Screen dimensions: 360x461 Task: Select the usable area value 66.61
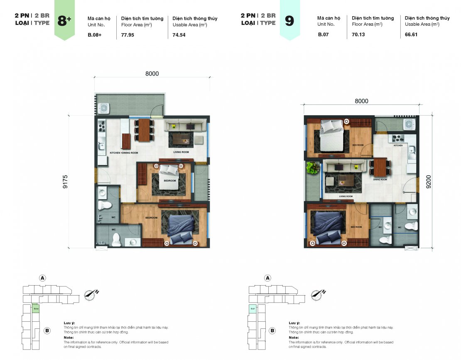click(411, 35)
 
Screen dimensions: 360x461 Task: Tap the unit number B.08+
click(94, 35)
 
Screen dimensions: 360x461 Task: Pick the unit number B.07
click(323, 35)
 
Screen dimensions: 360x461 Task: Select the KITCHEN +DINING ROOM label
click(123, 153)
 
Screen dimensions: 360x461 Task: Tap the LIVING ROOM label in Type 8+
click(181, 153)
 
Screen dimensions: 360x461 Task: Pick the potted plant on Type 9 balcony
click(313, 168)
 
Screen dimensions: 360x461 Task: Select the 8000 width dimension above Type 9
click(361, 101)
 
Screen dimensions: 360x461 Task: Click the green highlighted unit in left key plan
click(36, 308)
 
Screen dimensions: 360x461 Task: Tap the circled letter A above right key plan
click(267, 278)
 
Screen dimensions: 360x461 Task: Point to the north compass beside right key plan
click(319, 294)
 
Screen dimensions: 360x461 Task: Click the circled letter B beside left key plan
click(47, 331)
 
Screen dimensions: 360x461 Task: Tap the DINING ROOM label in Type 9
click(380, 180)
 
